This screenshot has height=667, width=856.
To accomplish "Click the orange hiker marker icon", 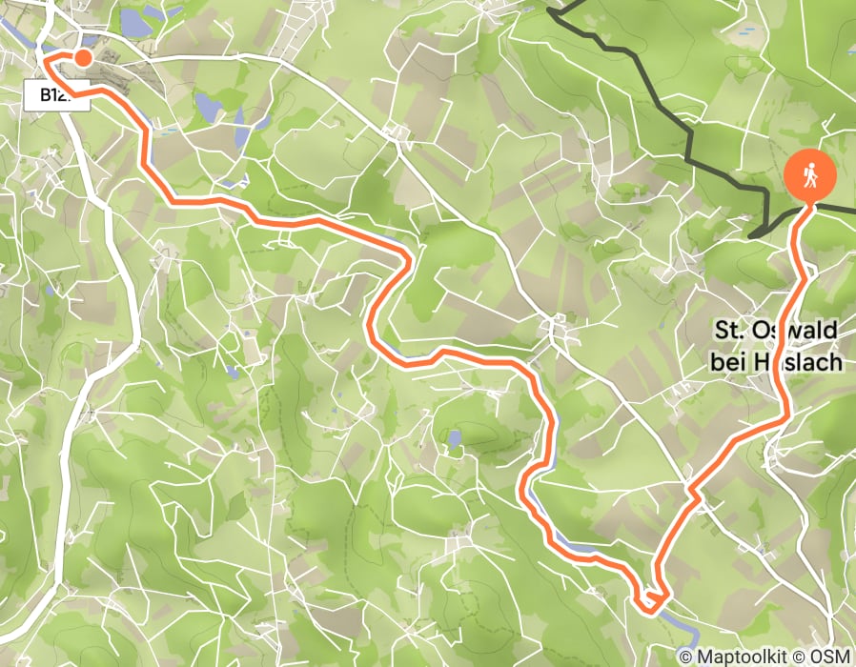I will tap(810, 173).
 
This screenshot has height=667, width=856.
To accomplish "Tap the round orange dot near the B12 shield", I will tap(83, 58).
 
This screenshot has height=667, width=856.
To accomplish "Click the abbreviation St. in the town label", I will tap(730, 332).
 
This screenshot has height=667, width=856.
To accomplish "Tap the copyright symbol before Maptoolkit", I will tap(686, 657).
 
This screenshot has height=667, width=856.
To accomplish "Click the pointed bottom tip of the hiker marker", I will tap(809, 202).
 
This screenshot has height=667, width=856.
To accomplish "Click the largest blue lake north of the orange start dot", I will tap(135, 23).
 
